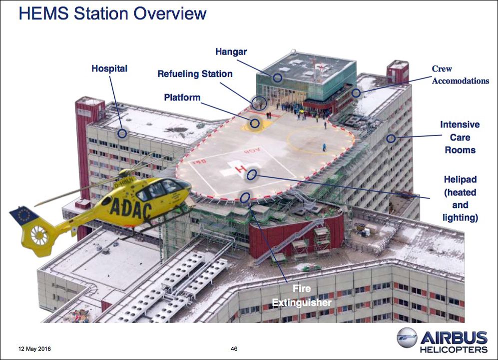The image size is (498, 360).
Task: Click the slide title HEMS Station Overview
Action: (x=113, y=13)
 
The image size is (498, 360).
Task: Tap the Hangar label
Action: (x=231, y=52)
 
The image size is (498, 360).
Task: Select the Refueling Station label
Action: (x=195, y=74)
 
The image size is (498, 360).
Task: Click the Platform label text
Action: (x=182, y=97)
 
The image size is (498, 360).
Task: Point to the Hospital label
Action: (x=109, y=68)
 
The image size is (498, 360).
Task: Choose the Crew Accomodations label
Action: (x=460, y=74)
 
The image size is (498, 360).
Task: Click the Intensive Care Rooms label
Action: (x=460, y=137)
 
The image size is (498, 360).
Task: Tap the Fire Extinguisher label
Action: (x=301, y=295)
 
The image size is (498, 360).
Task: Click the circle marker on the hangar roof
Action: (x=278, y=77)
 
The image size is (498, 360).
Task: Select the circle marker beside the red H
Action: (x=252, y=175)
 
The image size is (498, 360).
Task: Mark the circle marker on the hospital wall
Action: (x=122, y=133)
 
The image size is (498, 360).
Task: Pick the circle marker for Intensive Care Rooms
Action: (x=391, y=138)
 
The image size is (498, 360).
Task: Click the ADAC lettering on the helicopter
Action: (x=131, y=208)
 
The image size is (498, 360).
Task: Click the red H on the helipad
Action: (x=240, y=169)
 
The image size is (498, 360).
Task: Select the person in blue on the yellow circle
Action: (x=324, y=147)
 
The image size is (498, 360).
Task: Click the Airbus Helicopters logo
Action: (x=443, y=340)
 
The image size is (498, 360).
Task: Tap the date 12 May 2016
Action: (x=34, y=349)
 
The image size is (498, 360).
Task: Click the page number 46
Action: (x=234, y=349)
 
